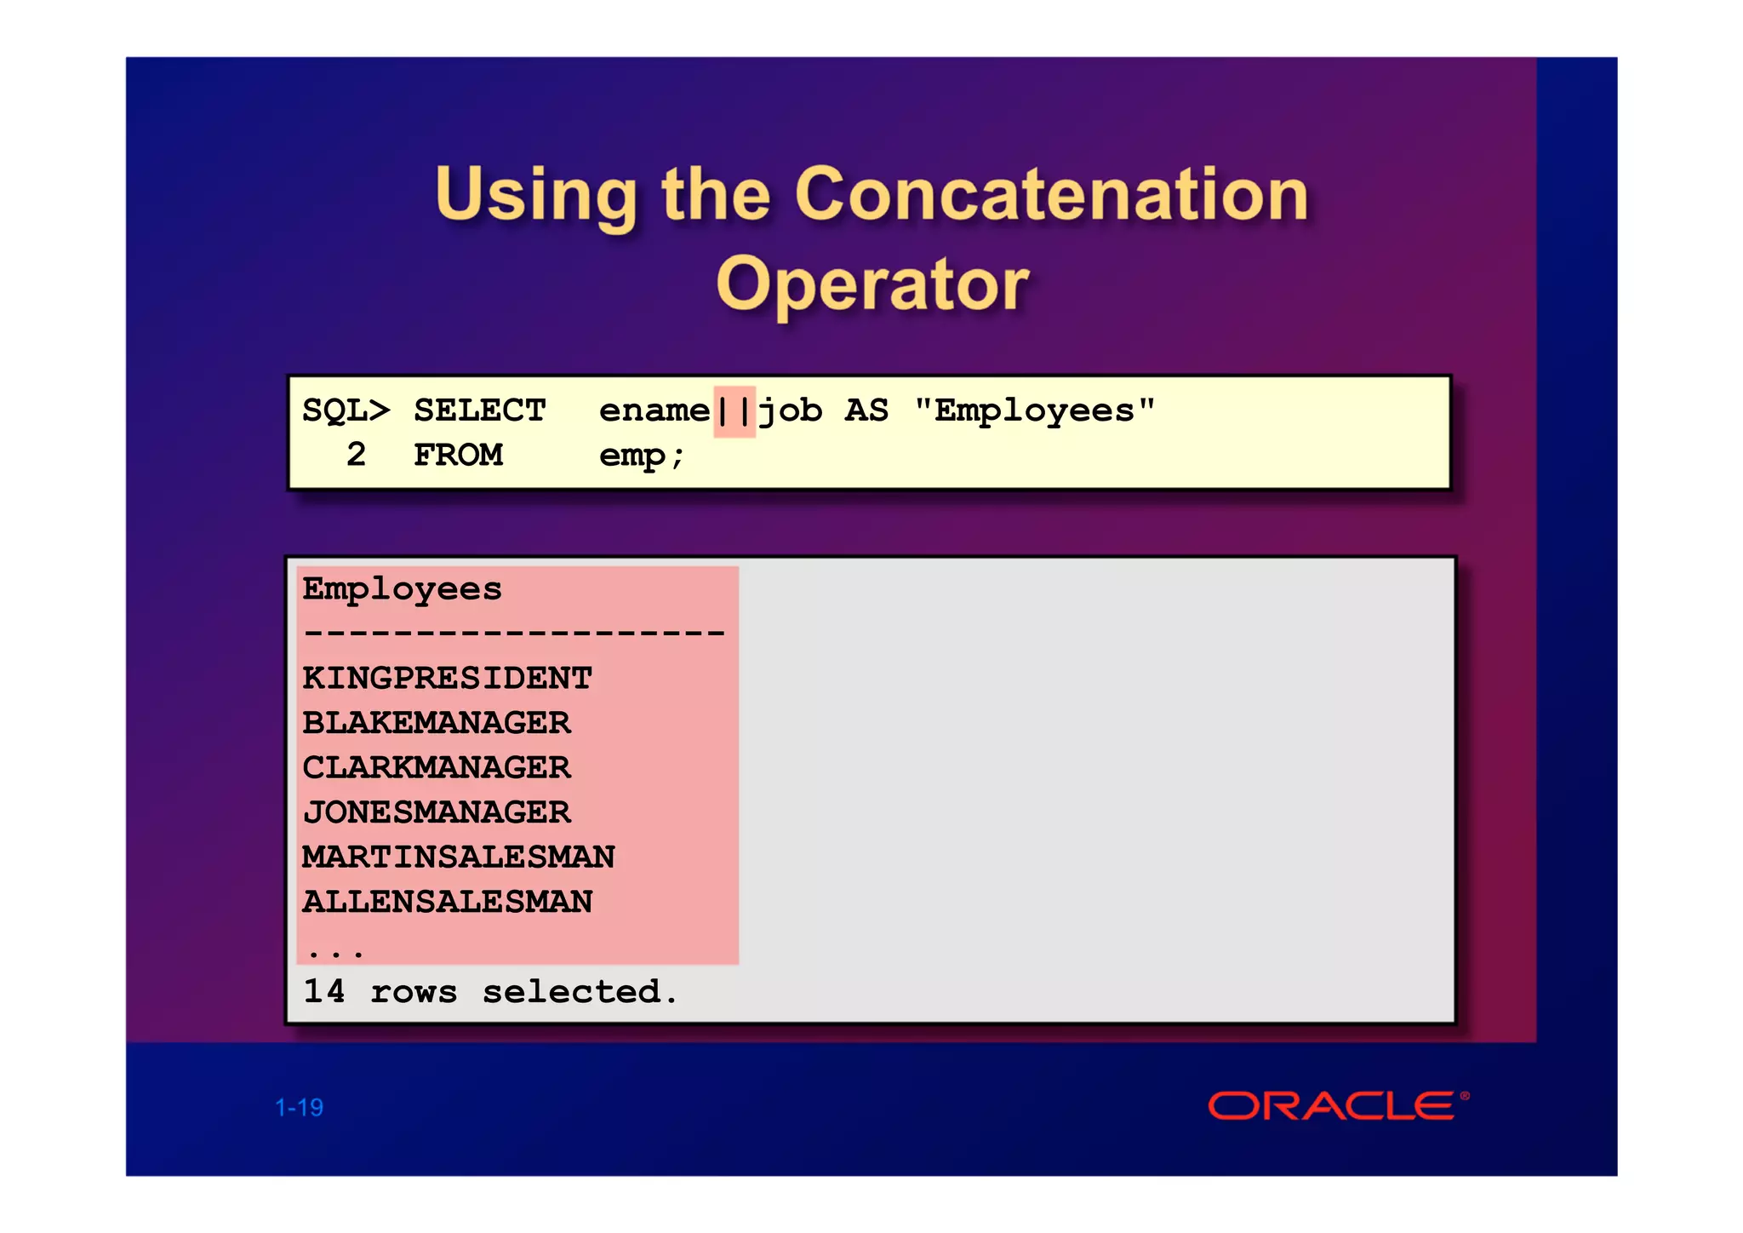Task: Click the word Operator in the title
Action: (872, 284)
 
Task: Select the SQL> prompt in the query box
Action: (346, 410)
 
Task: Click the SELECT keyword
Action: (479, 410)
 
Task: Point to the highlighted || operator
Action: (734, 410)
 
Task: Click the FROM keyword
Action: (458, 455)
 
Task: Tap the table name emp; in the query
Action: (641, 456)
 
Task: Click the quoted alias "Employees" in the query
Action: (1034, 410)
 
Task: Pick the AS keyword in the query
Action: (866, 410)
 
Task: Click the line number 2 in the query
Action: (356, 455)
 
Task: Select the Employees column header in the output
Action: (402, 589)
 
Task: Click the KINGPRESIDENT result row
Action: (447, 679)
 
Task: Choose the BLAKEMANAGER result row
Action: (436, 723)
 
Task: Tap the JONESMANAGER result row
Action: (436, 812)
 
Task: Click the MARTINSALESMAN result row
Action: (458, 857)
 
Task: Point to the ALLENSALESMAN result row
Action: (447, 902)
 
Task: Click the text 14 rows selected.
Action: (490, 991)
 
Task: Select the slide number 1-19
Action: (299, 1108)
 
